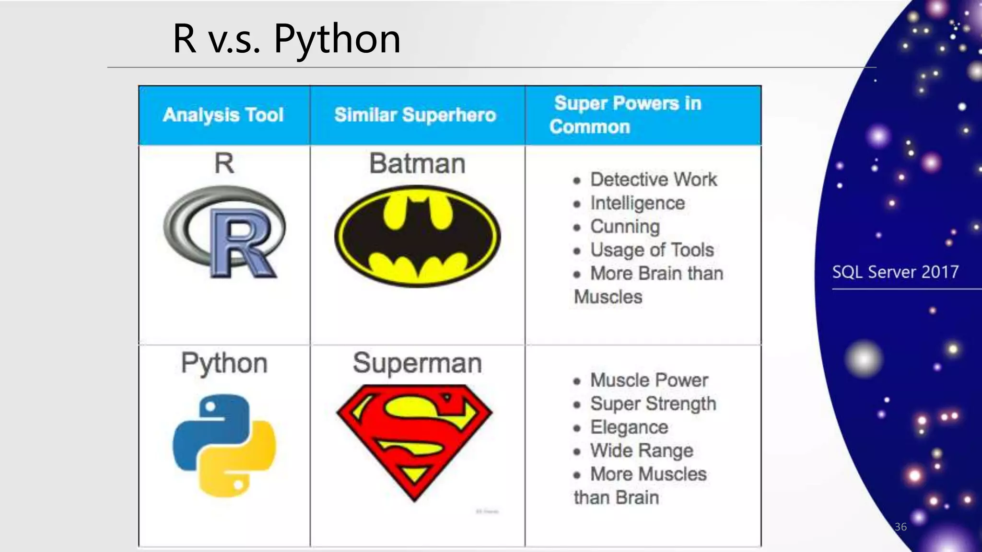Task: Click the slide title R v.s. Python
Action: [x=286, y=39]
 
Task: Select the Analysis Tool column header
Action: [x=223, y=115]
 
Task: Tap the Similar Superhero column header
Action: [x=415, y=115]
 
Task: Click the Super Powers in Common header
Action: [x=626, y=115]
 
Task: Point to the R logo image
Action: [x=224, y=232]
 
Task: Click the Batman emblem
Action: [x=417, y=236]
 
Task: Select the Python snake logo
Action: [x=224, y=446]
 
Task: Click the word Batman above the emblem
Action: [x=417, y=163]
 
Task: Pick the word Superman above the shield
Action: [x=417, y=363]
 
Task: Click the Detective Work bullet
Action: [x=653, y=180]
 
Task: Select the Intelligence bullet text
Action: [x=637, y=203]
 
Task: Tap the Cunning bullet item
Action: [x=625, y=227]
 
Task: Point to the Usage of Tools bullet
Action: [x=652, y=250]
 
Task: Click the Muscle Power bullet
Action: [x=649, y=380]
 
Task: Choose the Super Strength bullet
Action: [x=653, y=404]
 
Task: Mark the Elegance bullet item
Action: [x=629, y=427]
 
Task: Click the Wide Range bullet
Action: [x=642, y=451]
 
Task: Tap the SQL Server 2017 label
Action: [x=895, y=272]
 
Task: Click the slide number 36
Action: [x=900, y=527]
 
